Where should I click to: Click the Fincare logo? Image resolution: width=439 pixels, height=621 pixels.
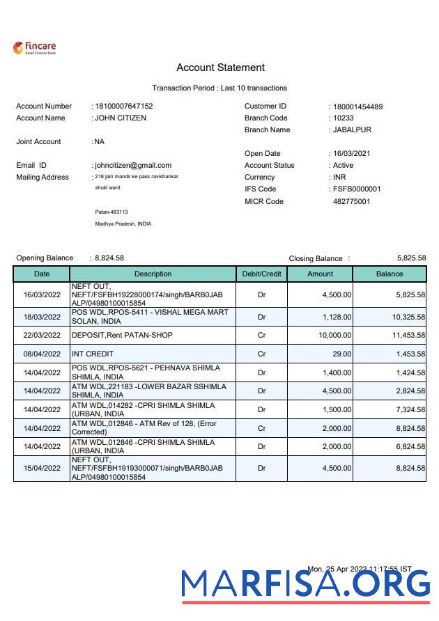[x=34, y=48]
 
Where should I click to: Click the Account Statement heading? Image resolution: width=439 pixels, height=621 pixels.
[x=220, y=68]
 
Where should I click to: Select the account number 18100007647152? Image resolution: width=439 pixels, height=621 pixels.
[x=124, y=107]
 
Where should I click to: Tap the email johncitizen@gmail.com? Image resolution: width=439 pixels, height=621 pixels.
[x=133, y=165]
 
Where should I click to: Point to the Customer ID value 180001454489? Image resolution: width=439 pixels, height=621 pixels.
[x=357, y=107]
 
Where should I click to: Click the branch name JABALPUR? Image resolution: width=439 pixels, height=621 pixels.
[x=352, y=130]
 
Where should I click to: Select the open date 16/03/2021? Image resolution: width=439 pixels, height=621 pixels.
[x=352, y=154]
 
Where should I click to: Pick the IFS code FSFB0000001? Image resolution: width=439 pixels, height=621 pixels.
[x=357, y=189]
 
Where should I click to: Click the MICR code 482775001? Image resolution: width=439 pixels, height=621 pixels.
[x=352, y=202]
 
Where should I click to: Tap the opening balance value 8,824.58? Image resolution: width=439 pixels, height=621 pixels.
[x=109, y=258]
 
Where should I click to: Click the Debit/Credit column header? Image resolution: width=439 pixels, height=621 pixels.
[x=261, y=274]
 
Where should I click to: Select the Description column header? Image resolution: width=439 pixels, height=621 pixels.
[x=153, y=274]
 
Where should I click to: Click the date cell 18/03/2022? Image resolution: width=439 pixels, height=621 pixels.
[x=42, y=317]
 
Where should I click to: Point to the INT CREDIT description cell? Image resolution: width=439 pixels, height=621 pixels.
[x=93, y=354]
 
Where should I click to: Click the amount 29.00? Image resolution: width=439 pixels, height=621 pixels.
[x=341, y=354]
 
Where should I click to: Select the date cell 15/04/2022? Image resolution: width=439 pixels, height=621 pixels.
[x=42, y=469]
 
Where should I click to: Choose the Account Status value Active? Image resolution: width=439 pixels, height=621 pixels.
[x=343, y=166]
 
